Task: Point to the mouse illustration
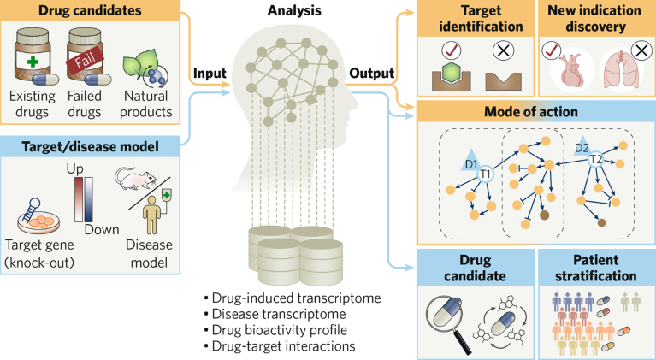click(134, 178)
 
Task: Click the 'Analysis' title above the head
click(288, 12)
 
